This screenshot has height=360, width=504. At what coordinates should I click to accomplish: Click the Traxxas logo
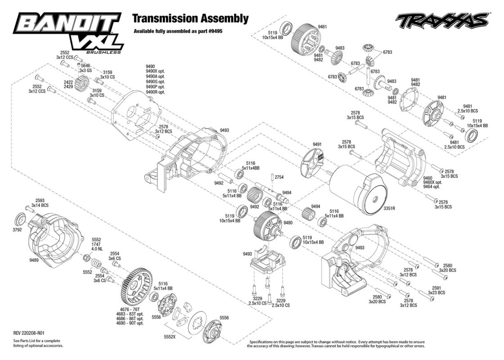(442, 21)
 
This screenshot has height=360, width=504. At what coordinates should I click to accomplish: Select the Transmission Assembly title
(191, 18)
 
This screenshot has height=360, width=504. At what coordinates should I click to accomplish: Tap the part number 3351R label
(389, 208)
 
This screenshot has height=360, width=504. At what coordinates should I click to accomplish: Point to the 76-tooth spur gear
(139, 287)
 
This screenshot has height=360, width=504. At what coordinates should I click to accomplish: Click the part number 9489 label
(34, 260)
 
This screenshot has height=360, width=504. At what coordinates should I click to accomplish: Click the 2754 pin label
(279, 177)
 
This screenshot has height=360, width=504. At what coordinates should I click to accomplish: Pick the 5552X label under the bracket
(169, 337)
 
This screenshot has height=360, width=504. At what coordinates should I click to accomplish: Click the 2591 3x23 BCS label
(436, 290)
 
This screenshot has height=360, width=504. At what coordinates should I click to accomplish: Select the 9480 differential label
(288, 222)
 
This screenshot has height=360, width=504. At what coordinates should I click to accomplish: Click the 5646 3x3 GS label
(85, 67)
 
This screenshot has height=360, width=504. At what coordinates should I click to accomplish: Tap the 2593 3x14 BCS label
(40, 202)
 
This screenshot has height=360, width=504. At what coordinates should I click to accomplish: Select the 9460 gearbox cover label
(427, 178)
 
